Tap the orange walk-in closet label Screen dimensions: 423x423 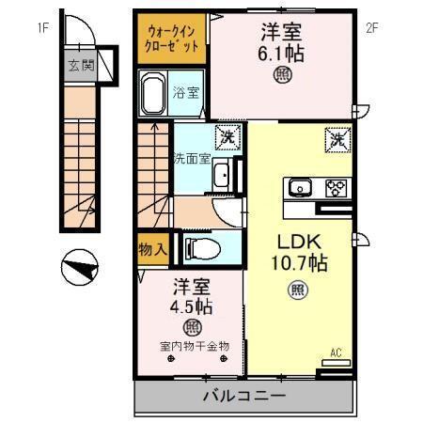tap(172, 39)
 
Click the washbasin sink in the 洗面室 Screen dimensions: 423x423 tap(220, 176)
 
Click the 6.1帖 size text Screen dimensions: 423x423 tap(281, 55)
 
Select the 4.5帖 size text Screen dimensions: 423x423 tap(191, 305)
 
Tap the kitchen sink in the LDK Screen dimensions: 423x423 tap(301, 186)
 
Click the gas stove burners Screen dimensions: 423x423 tap(335, 186)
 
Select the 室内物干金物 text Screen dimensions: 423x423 tap(193, 346)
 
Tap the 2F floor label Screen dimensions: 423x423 tap(371, 27)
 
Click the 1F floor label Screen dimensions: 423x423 tap(42, 27)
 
